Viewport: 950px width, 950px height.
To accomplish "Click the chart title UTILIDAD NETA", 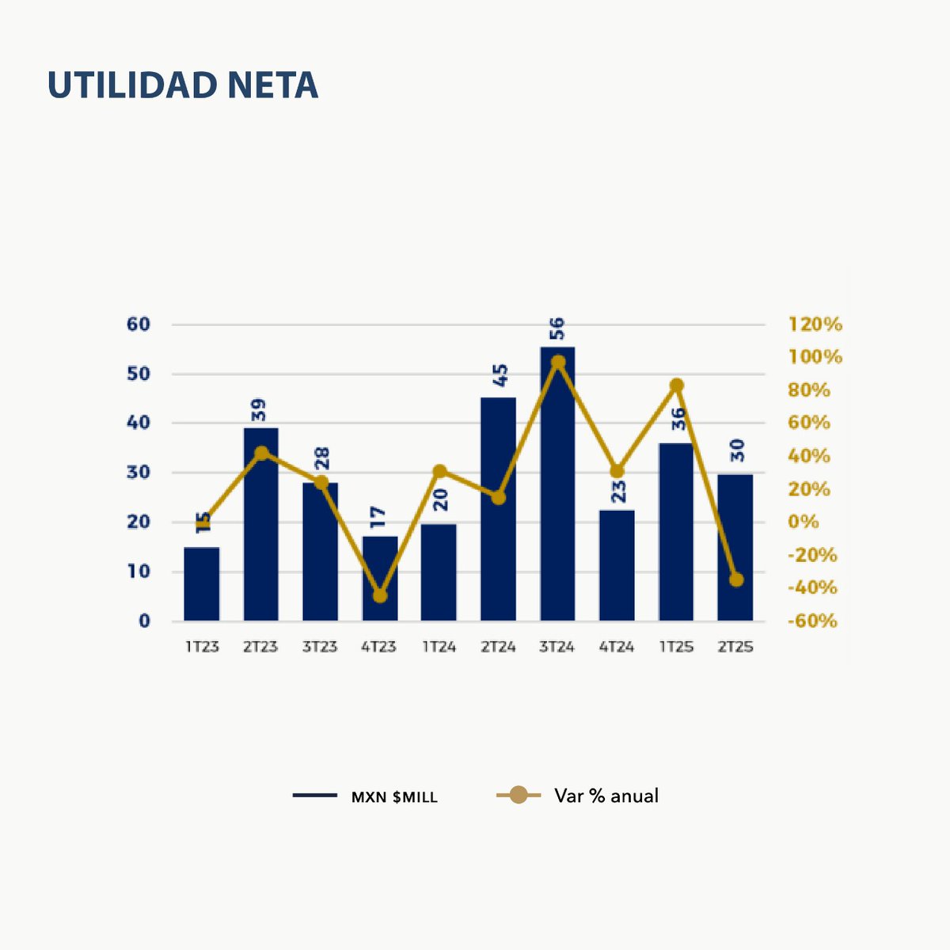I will [x=183, y=85].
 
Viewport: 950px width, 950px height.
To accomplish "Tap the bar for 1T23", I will [x=202, y=584].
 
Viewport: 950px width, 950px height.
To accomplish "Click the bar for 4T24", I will [x=617, y=565].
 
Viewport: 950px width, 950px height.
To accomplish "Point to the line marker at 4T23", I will [x=380, y=595].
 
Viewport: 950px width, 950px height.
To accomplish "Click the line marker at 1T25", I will [x=676, y=386].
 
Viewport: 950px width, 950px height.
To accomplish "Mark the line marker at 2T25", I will [x=736, y=579].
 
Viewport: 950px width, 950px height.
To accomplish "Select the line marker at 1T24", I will [x=439, y=472].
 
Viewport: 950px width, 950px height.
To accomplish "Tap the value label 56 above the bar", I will [x=557, y=328].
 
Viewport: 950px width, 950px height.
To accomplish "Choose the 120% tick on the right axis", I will [x=815, y=325].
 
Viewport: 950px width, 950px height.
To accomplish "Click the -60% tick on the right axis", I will [x=812, y=621].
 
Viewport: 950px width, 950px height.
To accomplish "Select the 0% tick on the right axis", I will [x=804, y=522].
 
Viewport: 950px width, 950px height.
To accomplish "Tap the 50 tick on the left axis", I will [x=139, y=374].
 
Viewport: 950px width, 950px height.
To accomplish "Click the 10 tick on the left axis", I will [x=139, y=572].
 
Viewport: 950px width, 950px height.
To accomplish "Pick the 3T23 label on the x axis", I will [x=320, y=647].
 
